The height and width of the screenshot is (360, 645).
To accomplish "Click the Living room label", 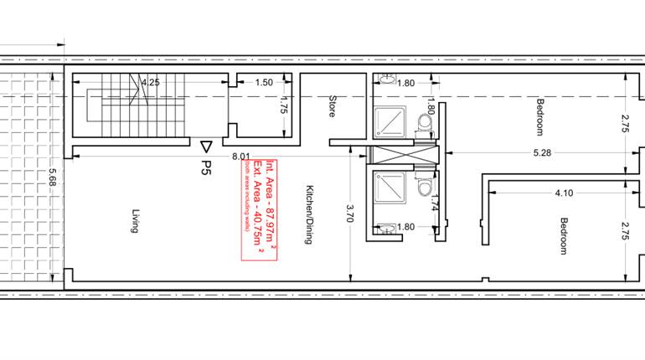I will coord(133,224).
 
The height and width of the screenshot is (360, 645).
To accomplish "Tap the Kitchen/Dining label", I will coord(309,214).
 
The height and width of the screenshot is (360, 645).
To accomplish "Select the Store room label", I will coord(333,107).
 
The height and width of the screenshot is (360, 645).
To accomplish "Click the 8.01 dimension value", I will coord(241,156).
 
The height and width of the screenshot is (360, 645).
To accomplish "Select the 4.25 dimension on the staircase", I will coord(151,83).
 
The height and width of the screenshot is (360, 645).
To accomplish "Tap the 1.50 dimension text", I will coord(264,83).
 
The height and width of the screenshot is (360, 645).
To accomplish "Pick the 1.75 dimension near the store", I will coord(283,109).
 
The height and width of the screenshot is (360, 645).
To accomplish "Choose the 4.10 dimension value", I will coord(564,193).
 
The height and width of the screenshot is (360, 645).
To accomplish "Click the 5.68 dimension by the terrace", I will coord(53,178).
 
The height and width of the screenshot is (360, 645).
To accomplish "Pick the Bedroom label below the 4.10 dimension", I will coord(564,237).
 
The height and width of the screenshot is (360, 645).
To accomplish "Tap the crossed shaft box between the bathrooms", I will coord(403,156).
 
